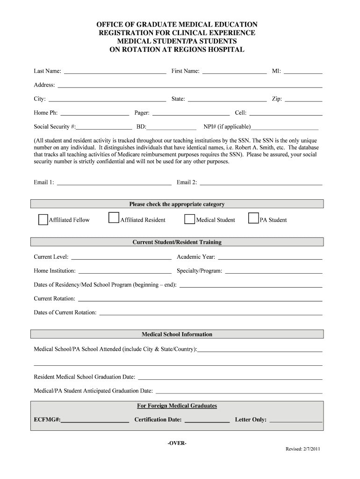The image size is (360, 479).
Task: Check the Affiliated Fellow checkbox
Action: (x=43, y=220)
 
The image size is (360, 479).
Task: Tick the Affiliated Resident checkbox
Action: (x=113, y=218)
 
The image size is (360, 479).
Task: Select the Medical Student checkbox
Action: (x=189, y=219)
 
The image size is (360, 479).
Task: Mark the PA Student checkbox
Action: (x=253, y=218)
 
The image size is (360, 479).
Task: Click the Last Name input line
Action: (x=115, y=72)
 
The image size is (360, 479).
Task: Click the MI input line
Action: (x=303, y=72)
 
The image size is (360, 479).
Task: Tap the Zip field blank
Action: (x=303, y=99)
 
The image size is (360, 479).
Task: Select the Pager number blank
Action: (x=191, y=113)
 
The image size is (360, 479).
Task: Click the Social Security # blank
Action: (x=104, y=127)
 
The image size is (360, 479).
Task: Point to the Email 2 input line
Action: (x=261, y=182)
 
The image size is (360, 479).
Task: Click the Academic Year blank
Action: (x=270, y=257)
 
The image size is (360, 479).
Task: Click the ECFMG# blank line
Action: (x=95, y=420)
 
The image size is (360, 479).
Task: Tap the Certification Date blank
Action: (x=207, y=420)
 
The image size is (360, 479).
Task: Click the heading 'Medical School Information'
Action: (x=177, y=334)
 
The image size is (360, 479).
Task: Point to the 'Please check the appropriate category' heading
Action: (x=177, y=204)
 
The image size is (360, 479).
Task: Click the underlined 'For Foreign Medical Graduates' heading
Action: (x=177, y=406)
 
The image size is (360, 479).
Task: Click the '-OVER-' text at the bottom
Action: (x=177, y=443)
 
